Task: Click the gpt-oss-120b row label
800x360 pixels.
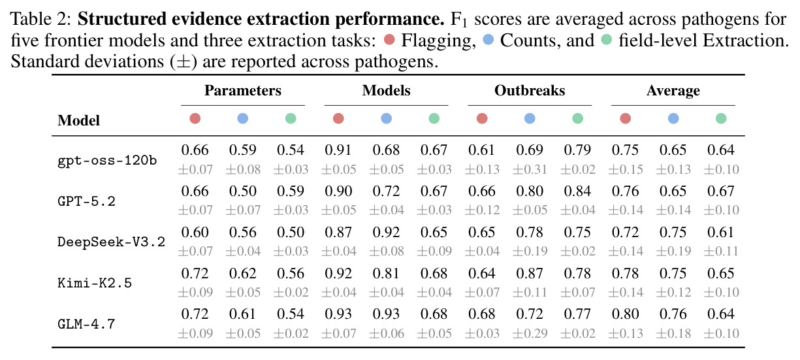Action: point(107,161)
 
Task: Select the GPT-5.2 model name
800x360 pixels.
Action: point(86,201)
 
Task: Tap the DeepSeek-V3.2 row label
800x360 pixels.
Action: point(111,242)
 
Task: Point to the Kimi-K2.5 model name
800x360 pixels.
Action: point(95,283)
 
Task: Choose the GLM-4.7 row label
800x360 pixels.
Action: point(86,324)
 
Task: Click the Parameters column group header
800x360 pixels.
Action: point(243,91)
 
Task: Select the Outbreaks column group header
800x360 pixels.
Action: point(530,91)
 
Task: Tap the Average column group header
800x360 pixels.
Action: point(673,91)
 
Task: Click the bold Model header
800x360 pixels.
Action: point(78,121)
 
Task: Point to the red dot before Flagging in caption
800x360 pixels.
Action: point(389,40)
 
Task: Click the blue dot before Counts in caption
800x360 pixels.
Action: point(488,40)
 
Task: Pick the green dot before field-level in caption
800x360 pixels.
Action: point(607,40)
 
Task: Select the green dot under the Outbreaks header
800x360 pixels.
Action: point(577,118)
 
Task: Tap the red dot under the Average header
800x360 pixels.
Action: point(626,118)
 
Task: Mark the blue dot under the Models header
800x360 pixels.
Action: point(386,118)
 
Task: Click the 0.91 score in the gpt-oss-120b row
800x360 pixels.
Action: point(338,150)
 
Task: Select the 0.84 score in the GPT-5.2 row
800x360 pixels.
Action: point(577,191)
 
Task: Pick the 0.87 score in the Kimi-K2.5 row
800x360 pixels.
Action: point(530,274)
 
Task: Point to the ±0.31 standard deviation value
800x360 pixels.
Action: point(530,169)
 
